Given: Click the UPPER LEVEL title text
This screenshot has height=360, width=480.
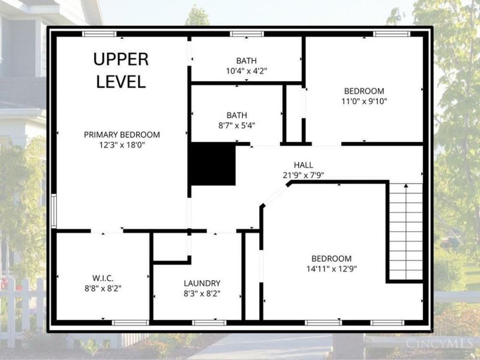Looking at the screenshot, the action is pyautogui.click(x=121, y=70).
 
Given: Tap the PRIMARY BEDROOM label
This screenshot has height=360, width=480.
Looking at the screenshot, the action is pyautogui.click(x=122, y=134).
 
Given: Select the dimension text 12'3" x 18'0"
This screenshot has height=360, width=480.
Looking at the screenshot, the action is pyautogui.click(x=122, y=145).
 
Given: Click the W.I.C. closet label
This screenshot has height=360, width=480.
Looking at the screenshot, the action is pyautogui.click(x=103, y=278).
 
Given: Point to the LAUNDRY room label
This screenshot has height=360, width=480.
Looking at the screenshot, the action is pyautogui.click(x=202, y=283).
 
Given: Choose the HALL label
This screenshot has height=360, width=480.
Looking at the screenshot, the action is pyautogui.click(x=304, y=165).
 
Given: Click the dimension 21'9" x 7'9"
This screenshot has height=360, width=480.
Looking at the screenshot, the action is pyautogui.click(x=304, y=175).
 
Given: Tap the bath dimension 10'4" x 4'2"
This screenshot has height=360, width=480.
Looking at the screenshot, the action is pyautogui.click(x=247, y=71).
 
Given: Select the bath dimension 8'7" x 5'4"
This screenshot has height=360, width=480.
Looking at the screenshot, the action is pyautogui.click(x=236, y=125).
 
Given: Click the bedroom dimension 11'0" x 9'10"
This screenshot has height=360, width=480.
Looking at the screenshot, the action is pyautogui.click(x=364, y=101).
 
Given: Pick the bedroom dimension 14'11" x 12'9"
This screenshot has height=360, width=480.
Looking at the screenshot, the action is pyautogui.click(x=332, y=269).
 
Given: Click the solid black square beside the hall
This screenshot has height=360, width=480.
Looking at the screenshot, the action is pyautogui.click(x=214, y=164).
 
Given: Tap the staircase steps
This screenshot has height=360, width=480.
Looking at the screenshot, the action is pyautogui.click(x=406, y=232).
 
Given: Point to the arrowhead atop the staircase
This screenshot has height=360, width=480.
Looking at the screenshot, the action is pyautogui.click(x=406, y=185).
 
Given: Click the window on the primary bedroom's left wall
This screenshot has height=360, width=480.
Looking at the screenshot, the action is pyautogui.click(x=53, y=211).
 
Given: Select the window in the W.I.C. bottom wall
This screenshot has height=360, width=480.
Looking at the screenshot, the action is pyautogui.click(x=130, y=323).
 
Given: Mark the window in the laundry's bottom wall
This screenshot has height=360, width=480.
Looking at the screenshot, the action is pyautogui.click(x=209, y=323).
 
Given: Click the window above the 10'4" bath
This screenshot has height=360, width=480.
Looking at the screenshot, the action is pyautogui.click(x=247, y=34).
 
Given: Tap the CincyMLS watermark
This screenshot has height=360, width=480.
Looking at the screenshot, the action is pyautogui.click(x=439, y=343).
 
